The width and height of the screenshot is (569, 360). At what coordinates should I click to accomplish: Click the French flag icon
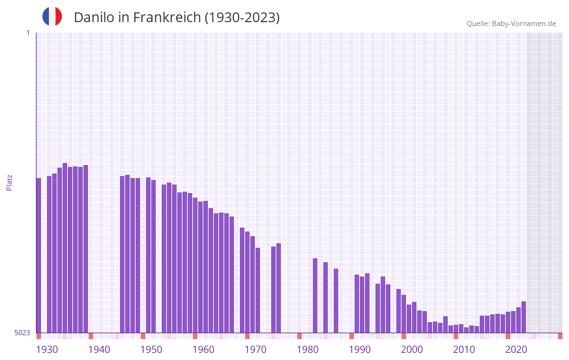52,17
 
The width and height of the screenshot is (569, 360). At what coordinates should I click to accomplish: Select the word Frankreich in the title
167,18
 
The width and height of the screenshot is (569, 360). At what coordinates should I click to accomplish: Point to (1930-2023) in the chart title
242,18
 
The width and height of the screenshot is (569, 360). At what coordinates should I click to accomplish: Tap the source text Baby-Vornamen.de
524,23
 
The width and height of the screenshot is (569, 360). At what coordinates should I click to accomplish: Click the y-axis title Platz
9,182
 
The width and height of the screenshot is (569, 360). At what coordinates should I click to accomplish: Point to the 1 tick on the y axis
27,33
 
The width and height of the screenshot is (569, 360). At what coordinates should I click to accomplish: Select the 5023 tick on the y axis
22,333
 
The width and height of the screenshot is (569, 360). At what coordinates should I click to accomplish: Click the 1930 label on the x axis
47,350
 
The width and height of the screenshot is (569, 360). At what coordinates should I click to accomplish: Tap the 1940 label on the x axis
99,350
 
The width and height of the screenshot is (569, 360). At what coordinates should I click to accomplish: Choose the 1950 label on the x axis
151,350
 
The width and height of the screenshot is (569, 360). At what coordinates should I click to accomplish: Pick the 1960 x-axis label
203,350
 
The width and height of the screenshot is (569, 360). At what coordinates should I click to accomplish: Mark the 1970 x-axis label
255,350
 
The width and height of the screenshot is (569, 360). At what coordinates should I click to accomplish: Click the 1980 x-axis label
308,350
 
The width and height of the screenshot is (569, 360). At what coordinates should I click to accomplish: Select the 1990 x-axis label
360,350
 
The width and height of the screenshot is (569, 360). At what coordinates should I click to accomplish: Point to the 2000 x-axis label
412,350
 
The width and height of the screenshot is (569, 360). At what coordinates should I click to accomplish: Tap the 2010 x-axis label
464,350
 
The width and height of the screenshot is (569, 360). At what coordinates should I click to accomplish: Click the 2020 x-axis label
516,350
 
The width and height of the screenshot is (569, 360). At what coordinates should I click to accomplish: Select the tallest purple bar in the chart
65,248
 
